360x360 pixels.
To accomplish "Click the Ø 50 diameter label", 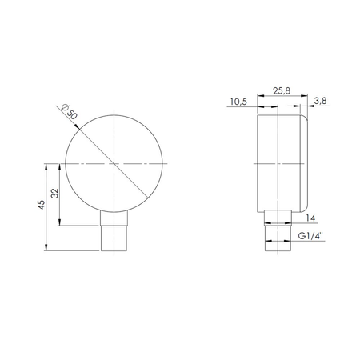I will tap(70, 112).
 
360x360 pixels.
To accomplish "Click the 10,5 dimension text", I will tap(238, 102).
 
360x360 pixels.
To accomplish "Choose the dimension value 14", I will tap(311, 218).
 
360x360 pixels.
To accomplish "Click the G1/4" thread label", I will tap(311, 237).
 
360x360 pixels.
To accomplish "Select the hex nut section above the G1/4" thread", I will tap(277, 218).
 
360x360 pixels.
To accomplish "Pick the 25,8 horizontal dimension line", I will tap(280, 103).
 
